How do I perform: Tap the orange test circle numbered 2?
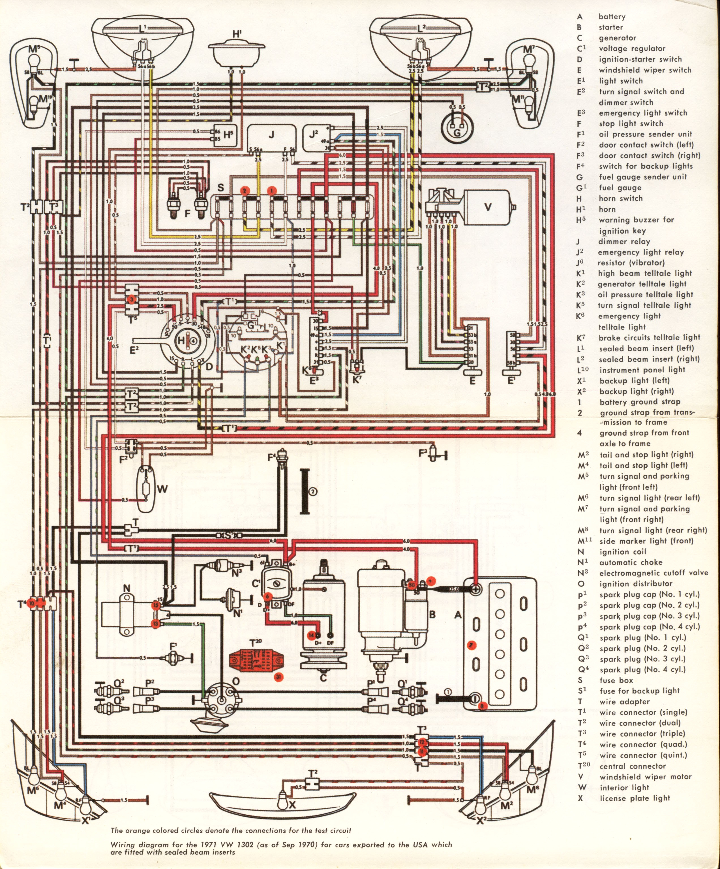click(x=245, y=191)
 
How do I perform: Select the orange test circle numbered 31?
click(x=278, y=677)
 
